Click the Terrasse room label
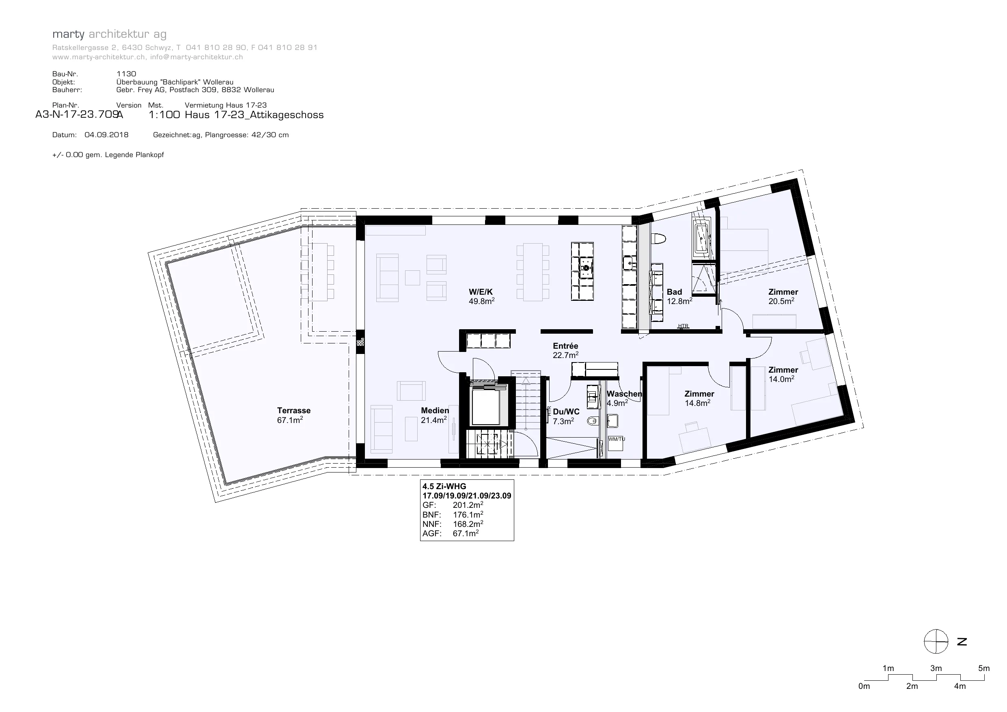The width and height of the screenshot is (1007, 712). click(294, 411)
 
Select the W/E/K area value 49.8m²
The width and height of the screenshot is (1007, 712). click(481, 301)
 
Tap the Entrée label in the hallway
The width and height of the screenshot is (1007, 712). click(565, 346)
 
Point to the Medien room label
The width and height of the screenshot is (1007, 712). click(435, 411)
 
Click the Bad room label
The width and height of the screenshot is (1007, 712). click(674, 292)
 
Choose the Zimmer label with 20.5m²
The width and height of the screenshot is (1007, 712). click(783, 292)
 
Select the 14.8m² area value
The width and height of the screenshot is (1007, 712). click(697, 403)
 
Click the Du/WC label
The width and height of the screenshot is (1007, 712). click(566, 412)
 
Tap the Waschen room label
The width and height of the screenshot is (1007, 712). click(624, 394)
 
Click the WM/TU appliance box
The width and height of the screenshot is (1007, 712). click(616, 443)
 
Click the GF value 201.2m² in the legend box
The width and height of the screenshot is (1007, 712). click(468, 505)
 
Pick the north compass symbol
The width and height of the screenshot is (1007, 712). click(936, 641)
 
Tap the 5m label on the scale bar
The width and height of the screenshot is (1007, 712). click(984, 669)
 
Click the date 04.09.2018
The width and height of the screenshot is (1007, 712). click(107, 135)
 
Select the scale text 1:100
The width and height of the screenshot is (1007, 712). click(164, 115)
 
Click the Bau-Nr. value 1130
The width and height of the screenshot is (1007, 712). click(126, 74)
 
